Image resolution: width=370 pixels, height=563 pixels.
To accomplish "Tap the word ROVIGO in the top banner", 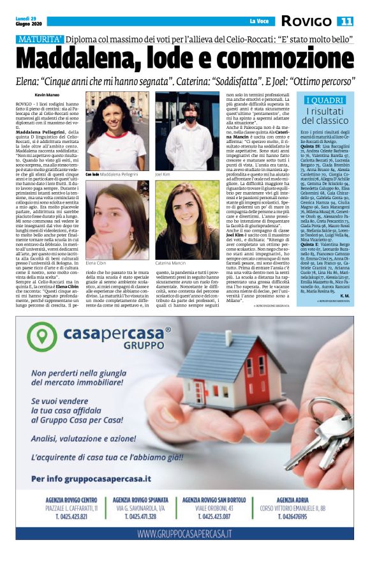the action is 307,21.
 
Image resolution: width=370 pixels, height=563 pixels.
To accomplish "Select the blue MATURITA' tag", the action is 40,40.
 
